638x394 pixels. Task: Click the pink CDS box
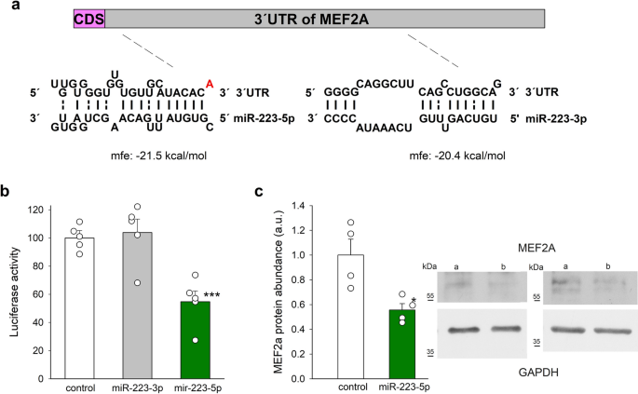(x=89, y=18)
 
